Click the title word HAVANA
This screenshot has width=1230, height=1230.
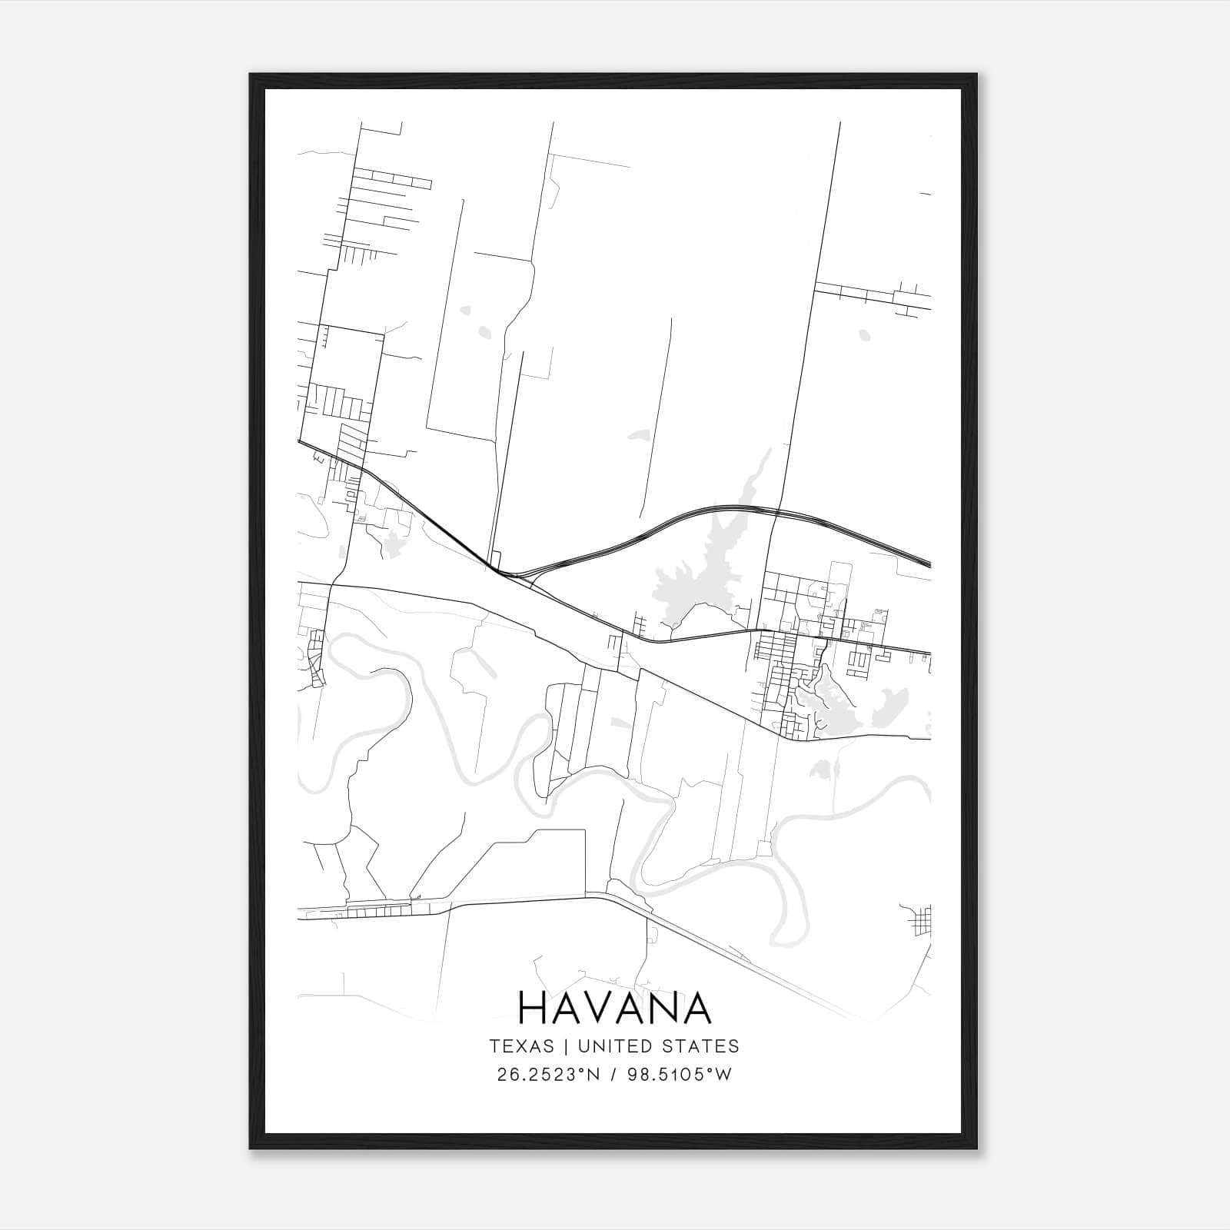click(x=614, y=1008)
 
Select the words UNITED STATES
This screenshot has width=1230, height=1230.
click(x=658, y=1046)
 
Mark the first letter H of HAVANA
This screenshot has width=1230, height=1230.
click(x=534, y=1008)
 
